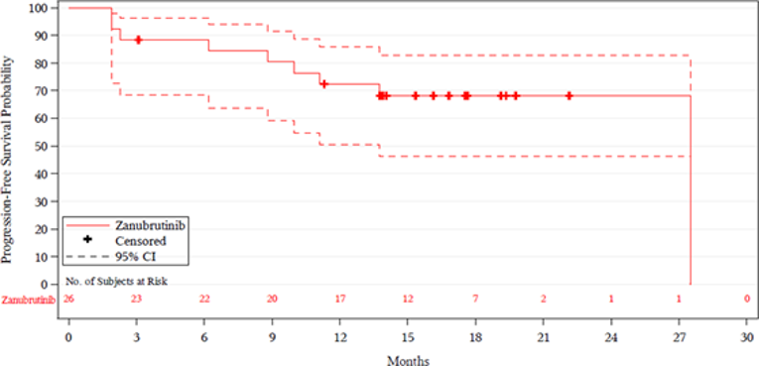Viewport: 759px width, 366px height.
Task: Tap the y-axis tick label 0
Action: click(x=46, y=285)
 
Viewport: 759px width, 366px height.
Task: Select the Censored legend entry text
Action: click(x=141, y=240)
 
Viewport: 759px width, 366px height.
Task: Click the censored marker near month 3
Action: click(x=138, y=40)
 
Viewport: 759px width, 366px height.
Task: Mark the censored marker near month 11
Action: click(x=323, y=84)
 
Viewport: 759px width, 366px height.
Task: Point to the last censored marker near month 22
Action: click(x=569, y=96)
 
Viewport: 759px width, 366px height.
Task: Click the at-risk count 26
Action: click(x=68, y=299)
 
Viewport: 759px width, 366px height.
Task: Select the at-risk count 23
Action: click(x=137, y=299)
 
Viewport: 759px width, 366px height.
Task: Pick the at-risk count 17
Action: click(x=339, y=299)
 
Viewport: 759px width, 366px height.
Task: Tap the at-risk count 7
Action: click(x=475, y=299)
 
